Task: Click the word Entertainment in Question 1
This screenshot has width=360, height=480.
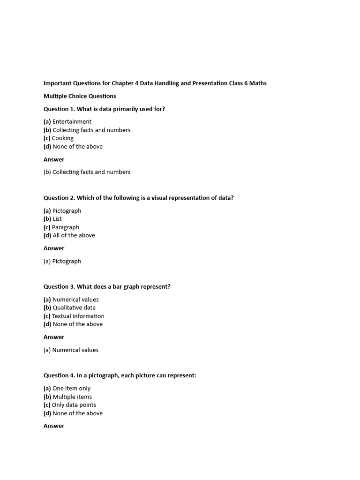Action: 72,122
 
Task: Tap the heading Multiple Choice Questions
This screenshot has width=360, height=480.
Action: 80,96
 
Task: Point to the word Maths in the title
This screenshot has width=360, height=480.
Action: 258,83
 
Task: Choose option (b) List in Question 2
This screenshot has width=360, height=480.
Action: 52,219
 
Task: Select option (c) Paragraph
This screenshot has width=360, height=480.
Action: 61,227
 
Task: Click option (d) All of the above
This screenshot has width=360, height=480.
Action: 69,235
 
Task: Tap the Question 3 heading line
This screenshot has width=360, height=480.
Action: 107,286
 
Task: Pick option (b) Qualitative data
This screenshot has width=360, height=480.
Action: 69,307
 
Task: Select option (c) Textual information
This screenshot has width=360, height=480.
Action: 74,316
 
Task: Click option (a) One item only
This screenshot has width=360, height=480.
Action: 67,388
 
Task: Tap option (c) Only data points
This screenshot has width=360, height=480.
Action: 70,405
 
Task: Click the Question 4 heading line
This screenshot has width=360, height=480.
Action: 120,375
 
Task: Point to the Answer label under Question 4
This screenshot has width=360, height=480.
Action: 54,426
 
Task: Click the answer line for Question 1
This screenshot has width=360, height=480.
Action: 87,172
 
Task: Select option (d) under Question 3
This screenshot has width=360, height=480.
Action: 73,324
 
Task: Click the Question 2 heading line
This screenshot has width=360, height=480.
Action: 138,198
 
